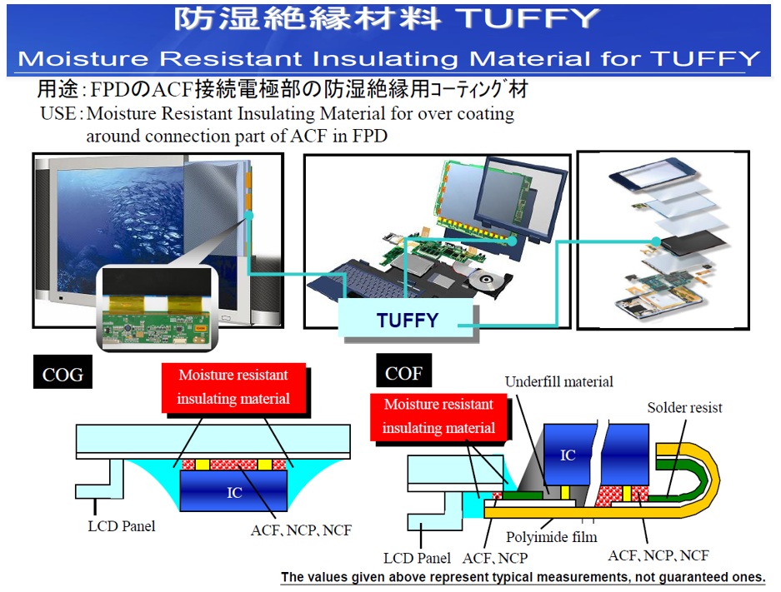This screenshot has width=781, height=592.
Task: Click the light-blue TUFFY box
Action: click(407, 321)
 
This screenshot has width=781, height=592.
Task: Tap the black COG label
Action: click(63, 374)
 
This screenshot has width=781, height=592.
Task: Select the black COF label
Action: click(403, 373)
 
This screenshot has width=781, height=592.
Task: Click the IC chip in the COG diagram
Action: click(235, 491)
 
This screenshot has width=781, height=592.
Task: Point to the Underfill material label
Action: click(558, 382)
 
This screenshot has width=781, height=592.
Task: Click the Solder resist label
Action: click(684, 407)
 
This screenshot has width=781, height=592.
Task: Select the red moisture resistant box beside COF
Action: click(438, 416)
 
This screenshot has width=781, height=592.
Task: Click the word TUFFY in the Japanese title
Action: click(540, 19)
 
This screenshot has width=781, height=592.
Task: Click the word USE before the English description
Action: click(59, 113)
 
